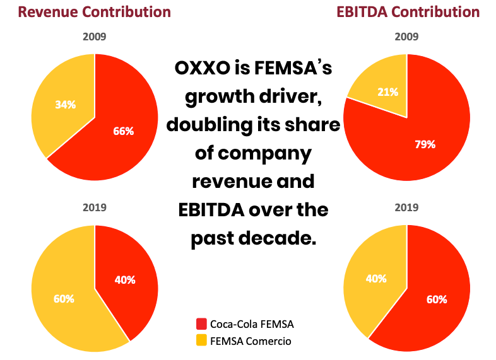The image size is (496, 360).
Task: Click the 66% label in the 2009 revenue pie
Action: click(124, 131)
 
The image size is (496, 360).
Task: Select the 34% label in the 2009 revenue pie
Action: click(65, 105)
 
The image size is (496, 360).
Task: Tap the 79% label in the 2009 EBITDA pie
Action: click(425, 144)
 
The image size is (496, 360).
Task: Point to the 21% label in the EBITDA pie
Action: click(388, 92)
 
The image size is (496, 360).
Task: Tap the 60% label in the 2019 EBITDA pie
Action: click(436, 299)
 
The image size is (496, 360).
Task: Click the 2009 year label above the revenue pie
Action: click(95, 37)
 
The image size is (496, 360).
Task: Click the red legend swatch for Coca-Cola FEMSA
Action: click(202, 324)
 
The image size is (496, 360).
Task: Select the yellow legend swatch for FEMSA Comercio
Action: click(202, 341)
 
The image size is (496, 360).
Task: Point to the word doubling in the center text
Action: click(209, 125)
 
